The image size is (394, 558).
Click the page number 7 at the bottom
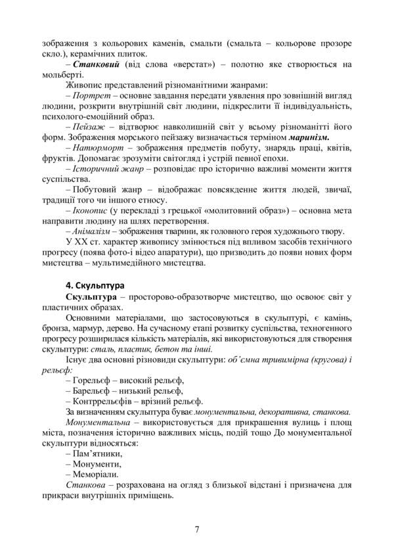click(196, 529)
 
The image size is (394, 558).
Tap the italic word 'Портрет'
click(92, 96)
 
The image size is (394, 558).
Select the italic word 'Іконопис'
click(92, 212)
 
